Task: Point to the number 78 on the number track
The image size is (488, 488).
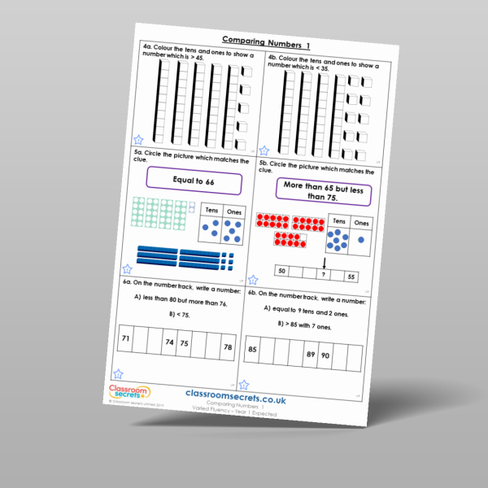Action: [x=225, y=348]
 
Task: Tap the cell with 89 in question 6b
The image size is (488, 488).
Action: [x=310, y=355]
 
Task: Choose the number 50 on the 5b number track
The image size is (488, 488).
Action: [x=281, y=270]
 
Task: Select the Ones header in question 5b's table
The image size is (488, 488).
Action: [x=362, y=224]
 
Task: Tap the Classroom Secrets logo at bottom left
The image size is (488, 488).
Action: [x=127, y=393]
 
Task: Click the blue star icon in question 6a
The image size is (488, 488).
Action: [x=119, y=374]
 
